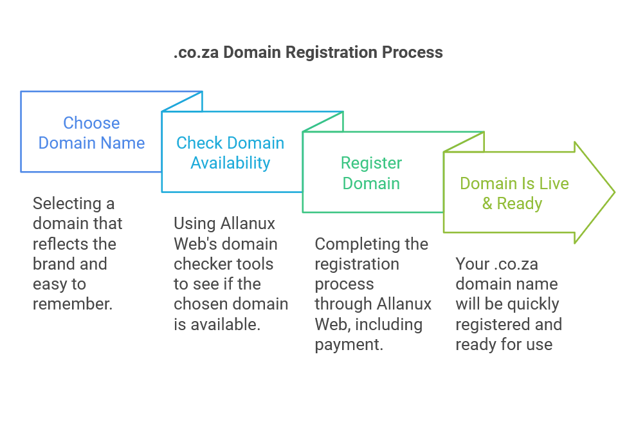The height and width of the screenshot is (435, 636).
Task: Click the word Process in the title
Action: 412,52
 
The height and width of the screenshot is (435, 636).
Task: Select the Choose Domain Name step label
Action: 91,133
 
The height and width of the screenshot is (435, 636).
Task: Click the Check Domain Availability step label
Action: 230,153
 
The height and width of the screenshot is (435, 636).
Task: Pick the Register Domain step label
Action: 371,173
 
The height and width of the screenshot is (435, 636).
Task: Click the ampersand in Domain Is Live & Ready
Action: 487,204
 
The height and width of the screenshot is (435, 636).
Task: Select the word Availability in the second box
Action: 230,163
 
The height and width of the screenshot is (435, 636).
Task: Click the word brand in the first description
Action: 51,264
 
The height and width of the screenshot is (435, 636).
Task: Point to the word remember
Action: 73,304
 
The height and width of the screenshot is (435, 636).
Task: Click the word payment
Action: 348,344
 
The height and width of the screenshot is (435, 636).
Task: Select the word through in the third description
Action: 345,304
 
